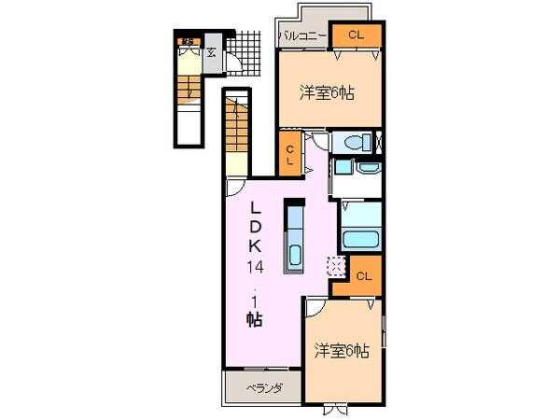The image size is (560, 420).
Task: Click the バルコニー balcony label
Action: (x=301, y=36)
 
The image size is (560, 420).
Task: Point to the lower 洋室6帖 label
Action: (x=342, y=351)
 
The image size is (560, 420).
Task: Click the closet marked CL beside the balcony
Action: (x=356, y=35)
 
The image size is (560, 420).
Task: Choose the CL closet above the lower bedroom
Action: (x=363, y=276)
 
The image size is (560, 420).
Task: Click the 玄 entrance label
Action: (x=212, y=51)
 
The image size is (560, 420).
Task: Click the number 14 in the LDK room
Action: (x=255, y=267)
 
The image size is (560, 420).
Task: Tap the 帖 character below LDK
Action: (x=254, y=319)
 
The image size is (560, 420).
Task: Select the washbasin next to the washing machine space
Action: (x=343, y=169)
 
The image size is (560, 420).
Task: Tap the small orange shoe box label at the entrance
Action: (x=189, y=40)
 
